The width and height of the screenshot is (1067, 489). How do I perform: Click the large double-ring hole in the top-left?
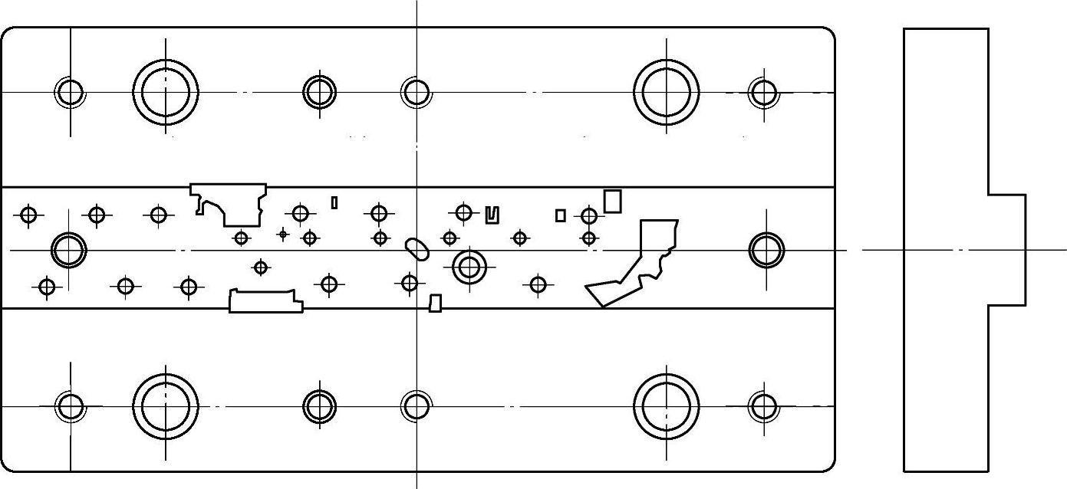point(166,92)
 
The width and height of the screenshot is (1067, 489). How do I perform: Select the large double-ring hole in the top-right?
point(666,92)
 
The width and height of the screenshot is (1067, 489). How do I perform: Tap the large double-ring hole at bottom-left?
point(166,406)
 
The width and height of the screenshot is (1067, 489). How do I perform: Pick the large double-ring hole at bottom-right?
point(666,406)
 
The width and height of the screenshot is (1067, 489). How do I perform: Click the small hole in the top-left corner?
point(70,92)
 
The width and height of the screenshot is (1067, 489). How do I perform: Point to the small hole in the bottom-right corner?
point(763,406)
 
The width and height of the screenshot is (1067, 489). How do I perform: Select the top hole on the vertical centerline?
point(417,92)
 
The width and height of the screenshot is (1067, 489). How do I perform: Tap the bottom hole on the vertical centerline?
point(417,406)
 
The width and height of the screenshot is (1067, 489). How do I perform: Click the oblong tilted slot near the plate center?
point(417,248)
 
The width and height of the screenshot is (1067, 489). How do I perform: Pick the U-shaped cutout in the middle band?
point(492,215)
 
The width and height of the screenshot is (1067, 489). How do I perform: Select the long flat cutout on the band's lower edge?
point(265,302)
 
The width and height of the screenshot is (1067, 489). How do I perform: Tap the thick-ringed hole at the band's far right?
point(766,250)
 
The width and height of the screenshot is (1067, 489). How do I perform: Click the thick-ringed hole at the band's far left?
point(69,249)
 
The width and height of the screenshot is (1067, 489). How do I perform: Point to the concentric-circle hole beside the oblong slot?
point(469,267)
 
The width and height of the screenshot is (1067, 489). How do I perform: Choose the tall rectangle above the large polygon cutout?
point(612,201)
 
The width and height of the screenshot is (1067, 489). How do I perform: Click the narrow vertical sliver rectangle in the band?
point(334,202)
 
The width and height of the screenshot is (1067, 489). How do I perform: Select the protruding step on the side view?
point(1006,250)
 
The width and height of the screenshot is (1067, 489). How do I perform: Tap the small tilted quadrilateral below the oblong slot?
point(436,303)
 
